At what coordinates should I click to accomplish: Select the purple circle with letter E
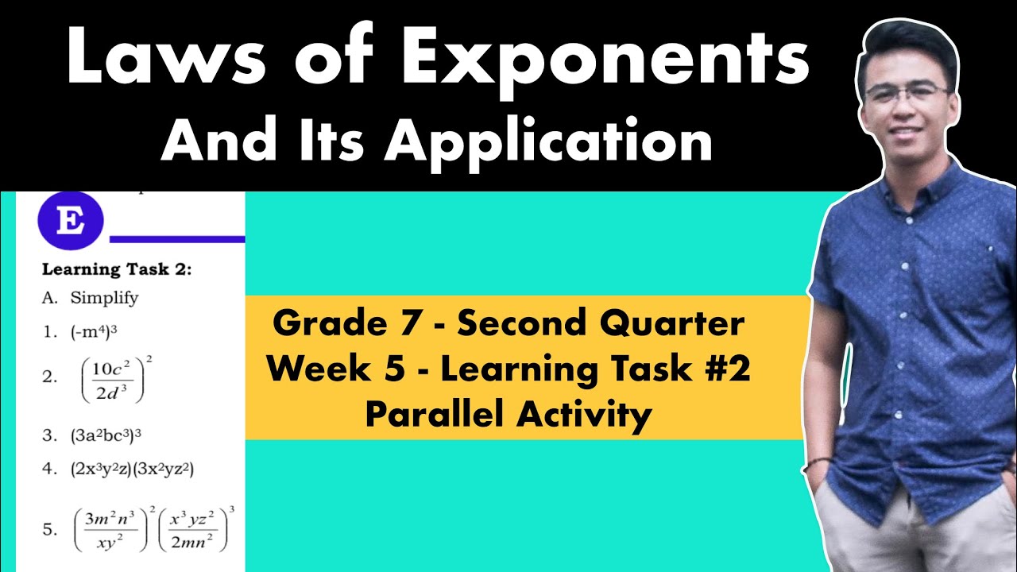click(71, 220)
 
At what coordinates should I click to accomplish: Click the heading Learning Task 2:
click(116, 269)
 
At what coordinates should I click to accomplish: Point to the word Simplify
click(104, 298)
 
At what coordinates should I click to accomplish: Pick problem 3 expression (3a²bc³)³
click(106, 435)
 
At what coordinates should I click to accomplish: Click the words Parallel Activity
click(508, 415)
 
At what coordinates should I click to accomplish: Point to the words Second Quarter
click(601, 324)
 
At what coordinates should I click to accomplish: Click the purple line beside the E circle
click(176, 238)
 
